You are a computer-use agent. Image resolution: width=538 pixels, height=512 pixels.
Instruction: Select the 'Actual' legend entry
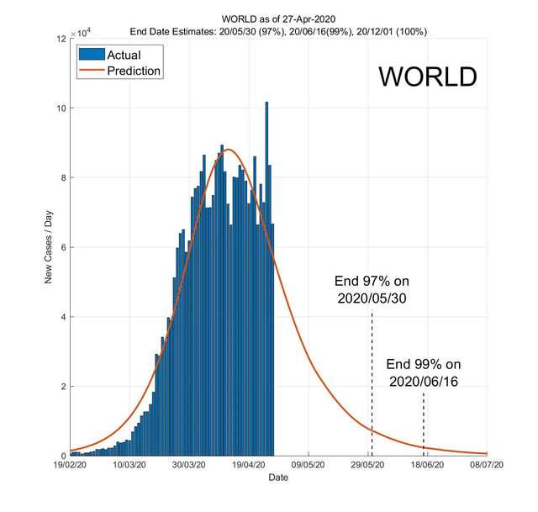pyautogui.click(x=124, y=55)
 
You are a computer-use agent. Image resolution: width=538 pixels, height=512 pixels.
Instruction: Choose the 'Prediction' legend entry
pyautogui.click(x=134, y=71)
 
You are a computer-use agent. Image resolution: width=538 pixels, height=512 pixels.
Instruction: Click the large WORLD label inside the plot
pyautogui.click(x=427, y=77)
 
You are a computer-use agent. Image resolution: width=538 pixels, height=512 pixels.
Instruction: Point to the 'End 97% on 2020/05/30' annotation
pyautogui.click(x=372, y=289)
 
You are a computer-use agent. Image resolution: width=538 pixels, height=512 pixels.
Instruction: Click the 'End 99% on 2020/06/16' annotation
pyautogui.click(x=424, y=372)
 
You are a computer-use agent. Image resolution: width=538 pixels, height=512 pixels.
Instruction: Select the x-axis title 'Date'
pyautogui.click(x=277, y=478)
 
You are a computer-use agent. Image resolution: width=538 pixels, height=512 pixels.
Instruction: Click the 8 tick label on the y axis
pyautogui.click(x=62, y=177)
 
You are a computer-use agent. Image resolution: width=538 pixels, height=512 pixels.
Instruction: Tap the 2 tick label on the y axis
pyautogui.click(x=62, y=387)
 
